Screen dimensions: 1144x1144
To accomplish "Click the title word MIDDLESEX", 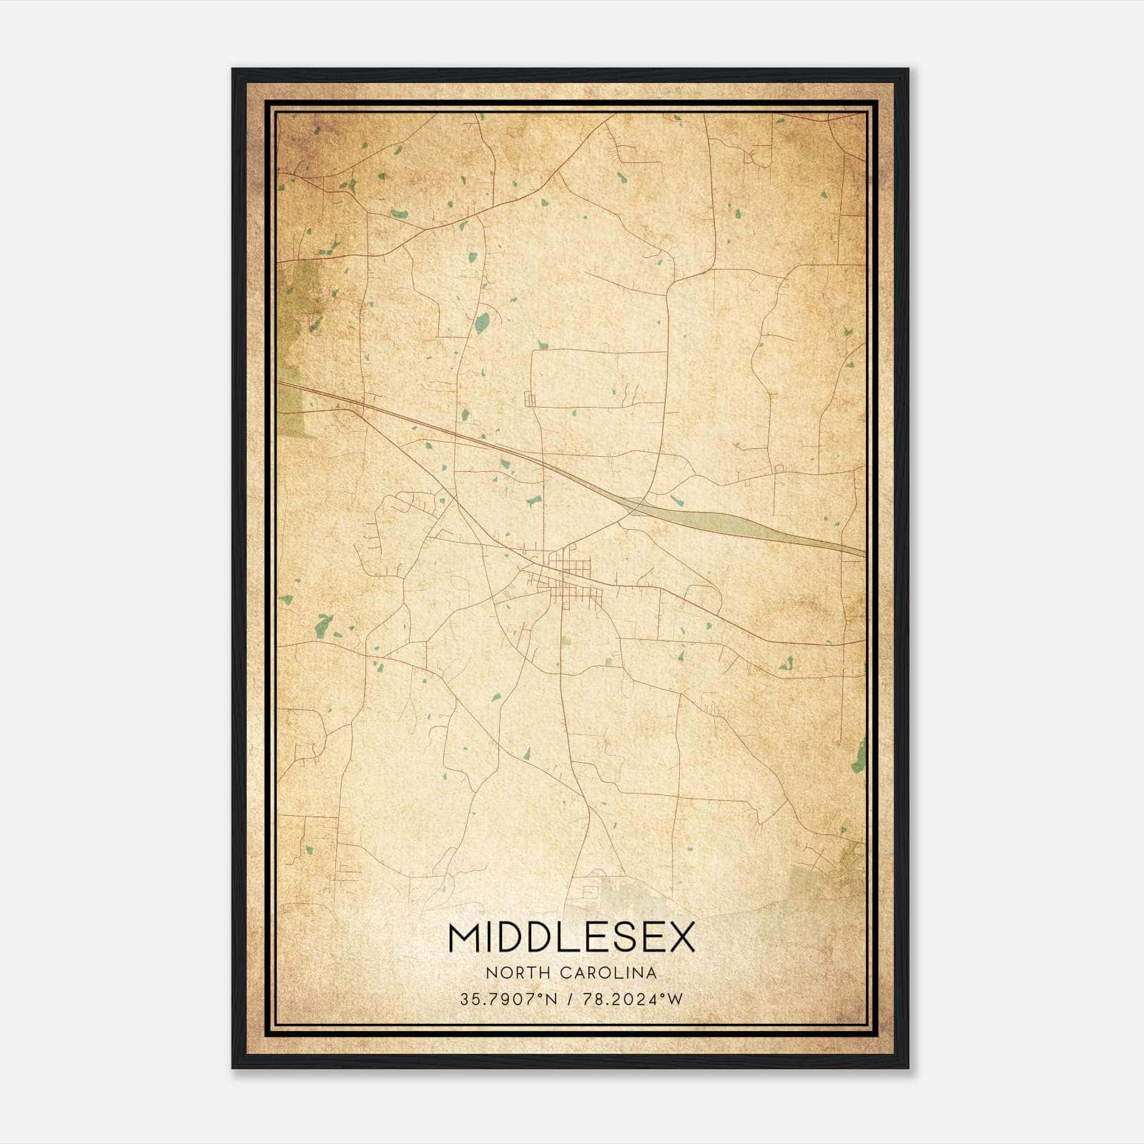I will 571,937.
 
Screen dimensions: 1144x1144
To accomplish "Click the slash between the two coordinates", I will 569,1000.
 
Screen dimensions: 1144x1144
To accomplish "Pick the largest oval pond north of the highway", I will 483,322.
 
